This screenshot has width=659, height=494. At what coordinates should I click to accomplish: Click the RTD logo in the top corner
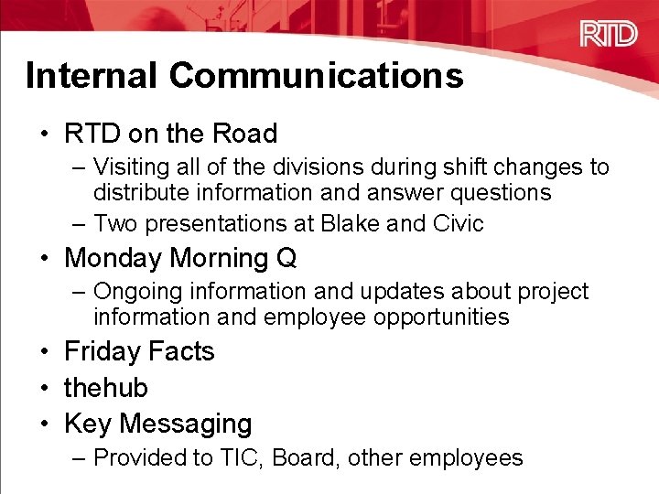click(608, 36)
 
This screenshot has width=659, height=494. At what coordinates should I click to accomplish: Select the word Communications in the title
click(318, 76)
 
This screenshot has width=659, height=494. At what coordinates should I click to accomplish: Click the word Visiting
click(133, 167)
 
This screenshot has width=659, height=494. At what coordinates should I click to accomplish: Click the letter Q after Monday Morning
click(286, 259)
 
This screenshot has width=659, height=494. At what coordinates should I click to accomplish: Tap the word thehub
click(105, 388)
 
